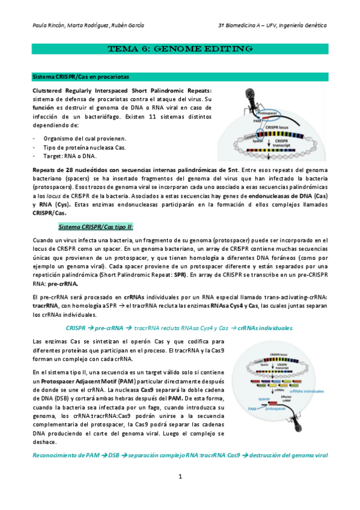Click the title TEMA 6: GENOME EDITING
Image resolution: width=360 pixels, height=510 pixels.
click(180, 49)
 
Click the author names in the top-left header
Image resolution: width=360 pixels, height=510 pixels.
click(87, 26)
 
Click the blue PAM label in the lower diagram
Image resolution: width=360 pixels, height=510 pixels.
click(253, 408)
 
